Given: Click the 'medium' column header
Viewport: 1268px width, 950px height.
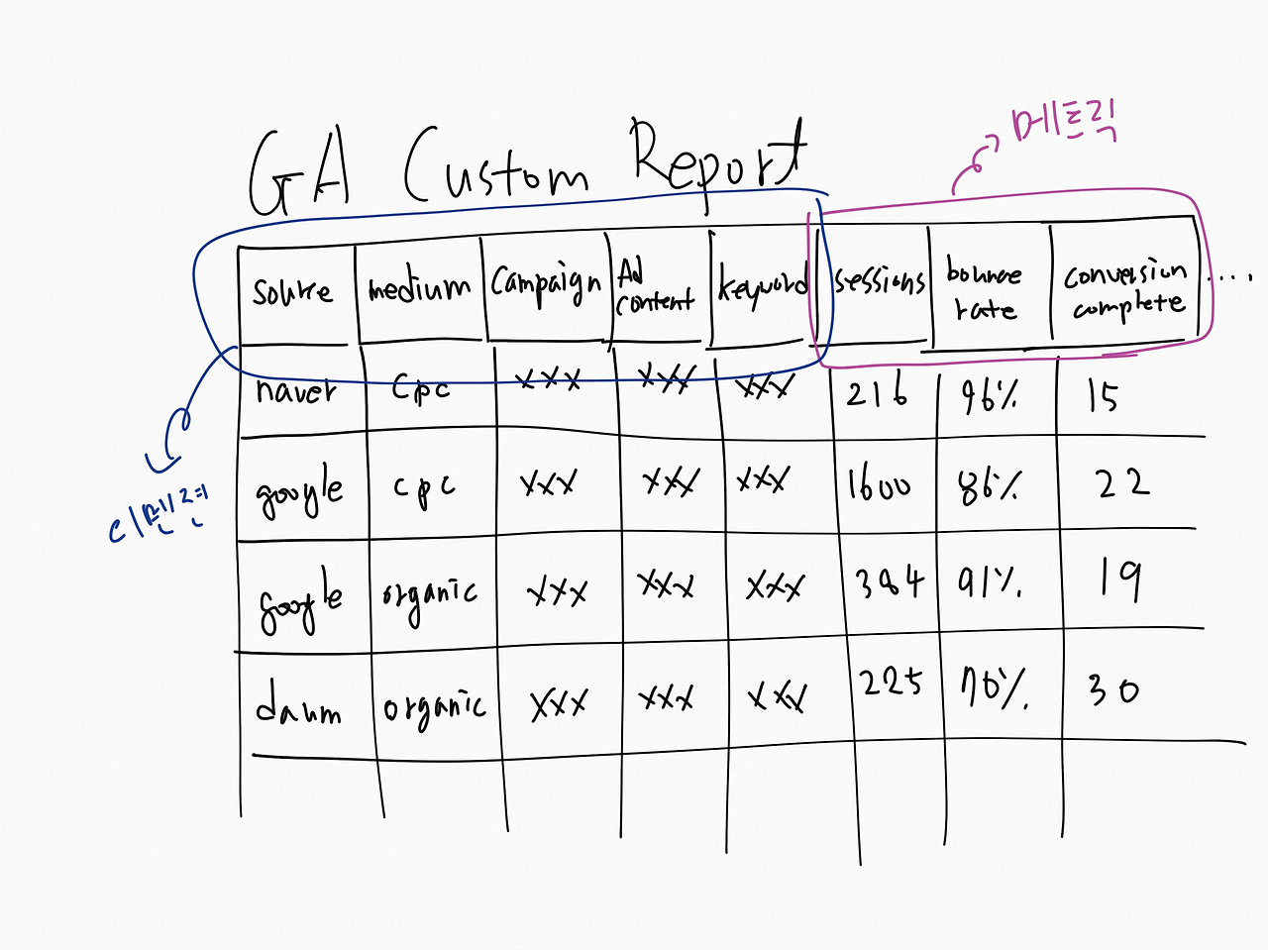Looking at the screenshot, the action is point(419,288).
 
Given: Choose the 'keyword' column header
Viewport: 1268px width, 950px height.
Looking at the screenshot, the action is point(763,286).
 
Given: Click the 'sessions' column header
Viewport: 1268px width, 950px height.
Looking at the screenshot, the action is point(879,281).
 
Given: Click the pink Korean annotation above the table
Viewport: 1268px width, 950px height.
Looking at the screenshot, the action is point(1065,127).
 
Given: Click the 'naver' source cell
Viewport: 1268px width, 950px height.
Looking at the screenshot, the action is point(295,390).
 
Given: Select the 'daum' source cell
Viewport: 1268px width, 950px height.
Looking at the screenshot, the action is point(297,705).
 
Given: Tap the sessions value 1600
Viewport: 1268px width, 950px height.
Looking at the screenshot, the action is point(879,485).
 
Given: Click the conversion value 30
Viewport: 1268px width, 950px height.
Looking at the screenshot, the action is point(1113,689).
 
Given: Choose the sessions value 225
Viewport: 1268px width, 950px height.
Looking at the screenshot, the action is point(891,683).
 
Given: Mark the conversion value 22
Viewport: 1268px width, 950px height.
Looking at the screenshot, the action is point(1122,483).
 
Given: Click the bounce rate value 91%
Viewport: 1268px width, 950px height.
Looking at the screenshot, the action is point(990,583).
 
